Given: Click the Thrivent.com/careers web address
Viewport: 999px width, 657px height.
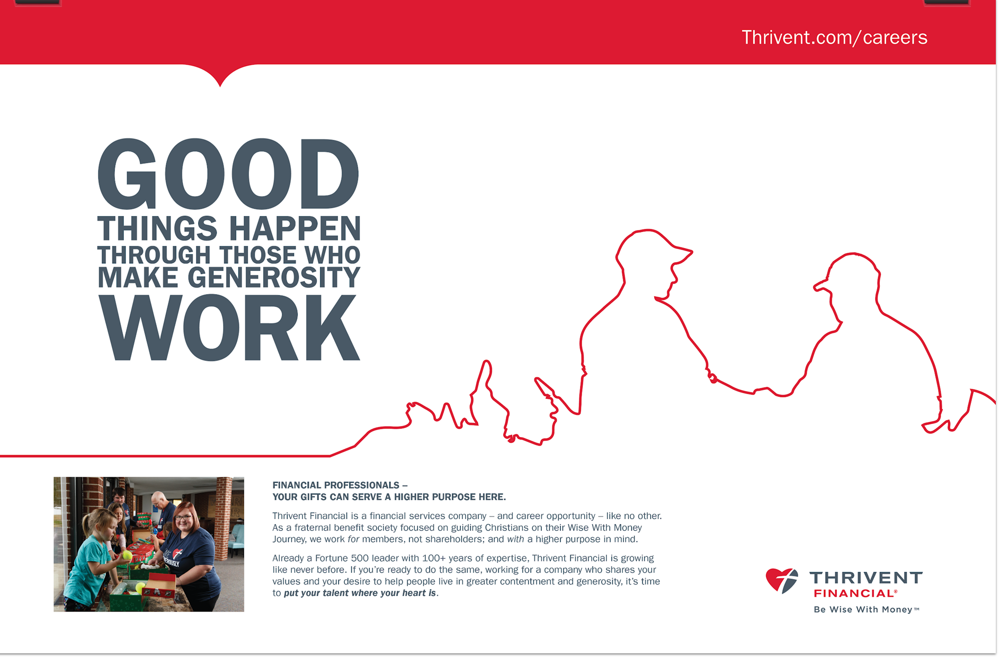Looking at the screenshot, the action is (834, 38).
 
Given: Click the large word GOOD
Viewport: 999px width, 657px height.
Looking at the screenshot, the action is (229, 174).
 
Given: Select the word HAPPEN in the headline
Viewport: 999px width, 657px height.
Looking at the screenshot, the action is (295, 228).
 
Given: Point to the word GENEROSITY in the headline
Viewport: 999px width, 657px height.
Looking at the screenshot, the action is (274, 277).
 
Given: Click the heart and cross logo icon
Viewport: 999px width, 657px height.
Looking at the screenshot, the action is (782, 581).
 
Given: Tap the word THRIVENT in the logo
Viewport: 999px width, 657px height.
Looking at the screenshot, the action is (866, 578).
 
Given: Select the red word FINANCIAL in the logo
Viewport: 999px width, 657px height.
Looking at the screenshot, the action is (854, 593).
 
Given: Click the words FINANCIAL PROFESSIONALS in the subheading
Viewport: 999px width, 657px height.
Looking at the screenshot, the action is (336, 485).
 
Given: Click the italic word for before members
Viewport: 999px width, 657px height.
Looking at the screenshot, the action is (353, 539).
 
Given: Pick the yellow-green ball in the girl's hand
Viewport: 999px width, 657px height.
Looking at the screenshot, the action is (127, 556).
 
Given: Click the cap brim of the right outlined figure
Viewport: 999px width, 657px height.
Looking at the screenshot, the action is (821, 286).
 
